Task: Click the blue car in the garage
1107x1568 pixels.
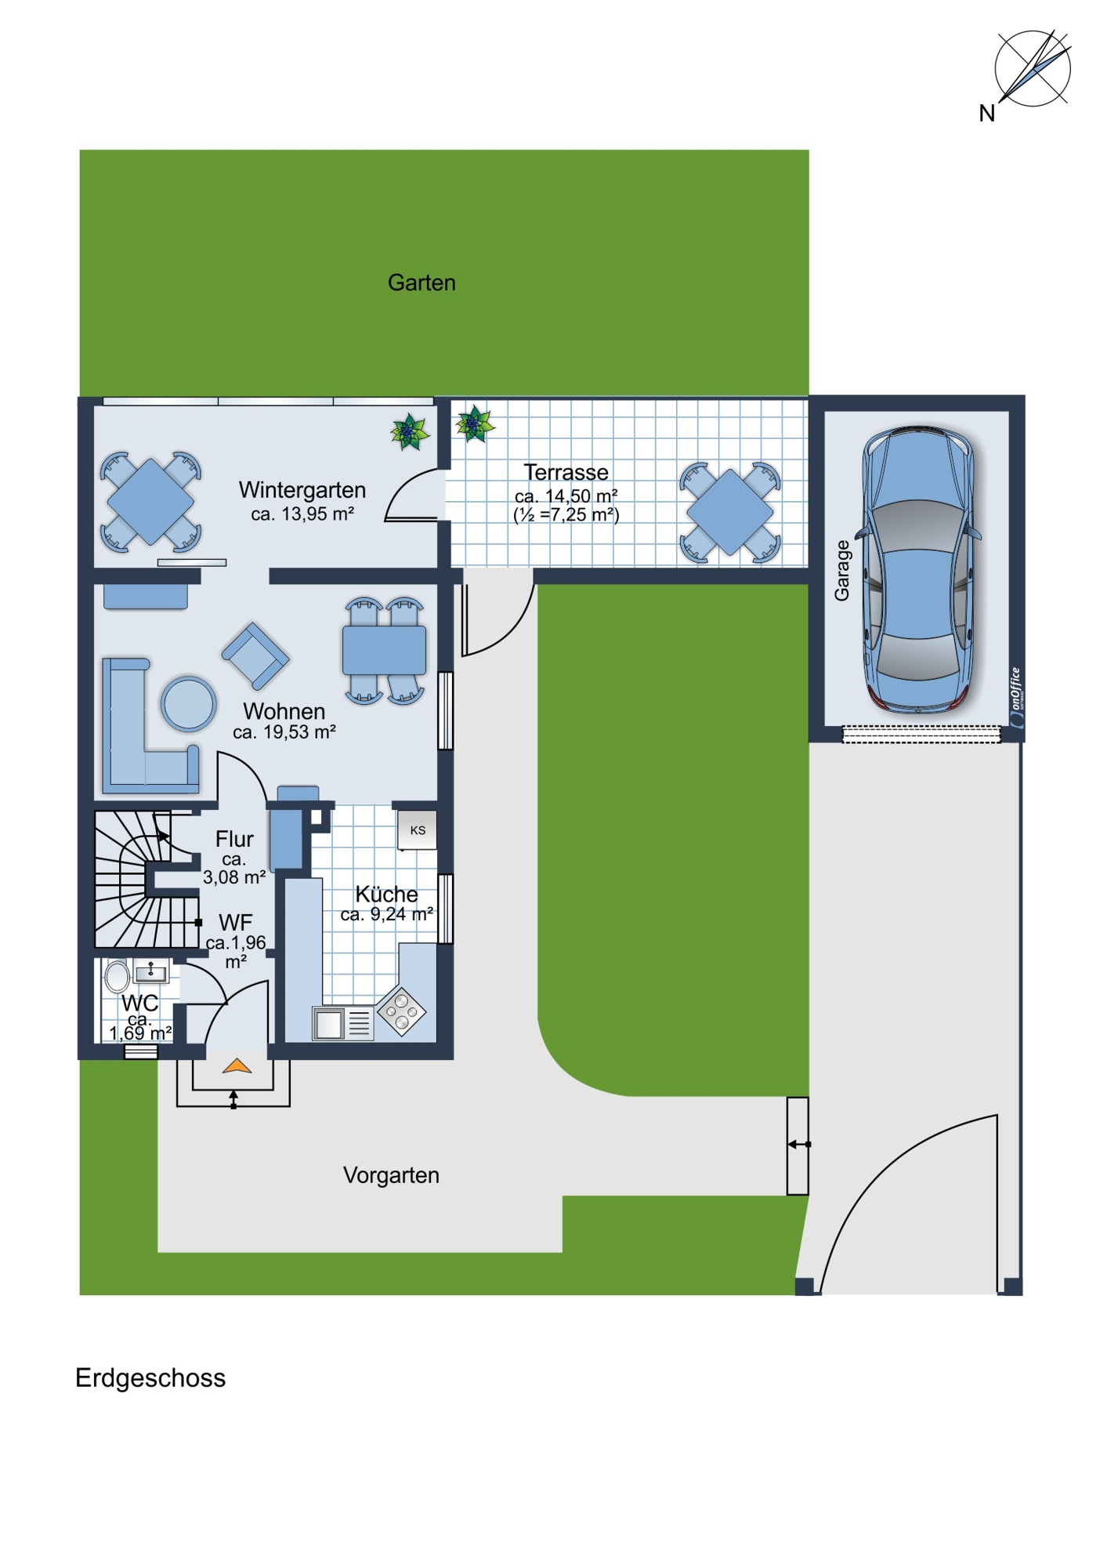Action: coord(917,570)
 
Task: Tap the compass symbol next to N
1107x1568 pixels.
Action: coord(1033,68)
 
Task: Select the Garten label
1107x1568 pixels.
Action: coord(421,282)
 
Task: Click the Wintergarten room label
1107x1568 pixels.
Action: coord(302,490)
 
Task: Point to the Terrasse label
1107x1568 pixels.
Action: coord(566,473)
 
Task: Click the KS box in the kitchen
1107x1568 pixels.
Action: coord(417,830)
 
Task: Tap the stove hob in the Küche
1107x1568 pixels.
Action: coord(401,1011)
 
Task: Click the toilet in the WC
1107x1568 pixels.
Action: coord(118,977)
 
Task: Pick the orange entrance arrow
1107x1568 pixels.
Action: coord(237,1066)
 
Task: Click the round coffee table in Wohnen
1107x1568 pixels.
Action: coord(189,704)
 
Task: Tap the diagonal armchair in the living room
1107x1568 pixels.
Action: coord(255,656)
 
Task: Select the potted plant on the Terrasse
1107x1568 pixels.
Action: coord(475,424)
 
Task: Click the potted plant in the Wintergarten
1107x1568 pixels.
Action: coord(411,432)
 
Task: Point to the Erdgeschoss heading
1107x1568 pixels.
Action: coord(150,1378)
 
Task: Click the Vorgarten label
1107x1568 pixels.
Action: coord(391,1175)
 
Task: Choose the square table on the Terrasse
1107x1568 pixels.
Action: coord(730,512)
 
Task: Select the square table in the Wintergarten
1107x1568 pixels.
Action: coord(150,502)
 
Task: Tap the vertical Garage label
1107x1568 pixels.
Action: coord(842,571)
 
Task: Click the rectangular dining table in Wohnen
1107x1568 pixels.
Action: coord(384,650)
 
